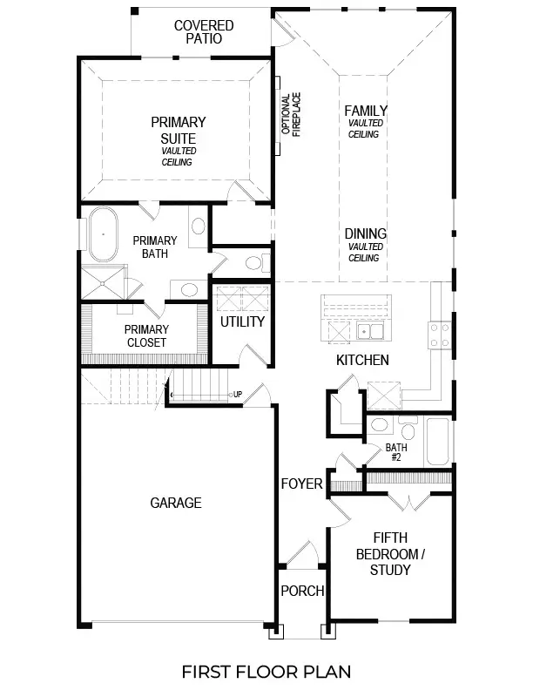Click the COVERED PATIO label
pyautogui.click(x=204, y=32)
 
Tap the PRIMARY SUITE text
pyautogui.click(x=178, y=131)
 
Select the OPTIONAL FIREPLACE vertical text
pyautogui.click(x=290, y=117)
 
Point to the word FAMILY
pyautogui.click(x=365, y=111)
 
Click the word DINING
pyautogui.click(x=365, y=234)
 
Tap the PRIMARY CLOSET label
pyautogui.click(x=146, y=335)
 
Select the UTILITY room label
pyautogui.click(x=242, y=321)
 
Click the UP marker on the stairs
pyautogui.click(x=237, y=395)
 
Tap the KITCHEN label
pyautogui.click(x=362, y=360)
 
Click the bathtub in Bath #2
pyautogui.click(x=436, y=442)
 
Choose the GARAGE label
pyautogui.click(x=175, y=503)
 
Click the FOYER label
pyautogui.click(x=301, y=484)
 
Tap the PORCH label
pyautogui.click(x=302, y=591)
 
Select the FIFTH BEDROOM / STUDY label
pyautogui.click(x=389, y=554)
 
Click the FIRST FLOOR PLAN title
pyautogui.click(x=266, y=671)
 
